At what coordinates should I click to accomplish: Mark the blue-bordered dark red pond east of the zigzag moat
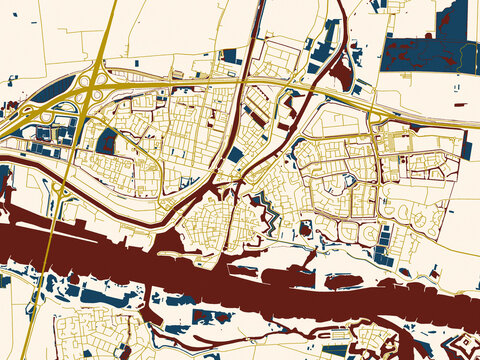[x=304, y=230]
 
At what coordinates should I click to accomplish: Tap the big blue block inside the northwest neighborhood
[x=106, y=141]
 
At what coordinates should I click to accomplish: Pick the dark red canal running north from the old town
[x=250, y=150]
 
